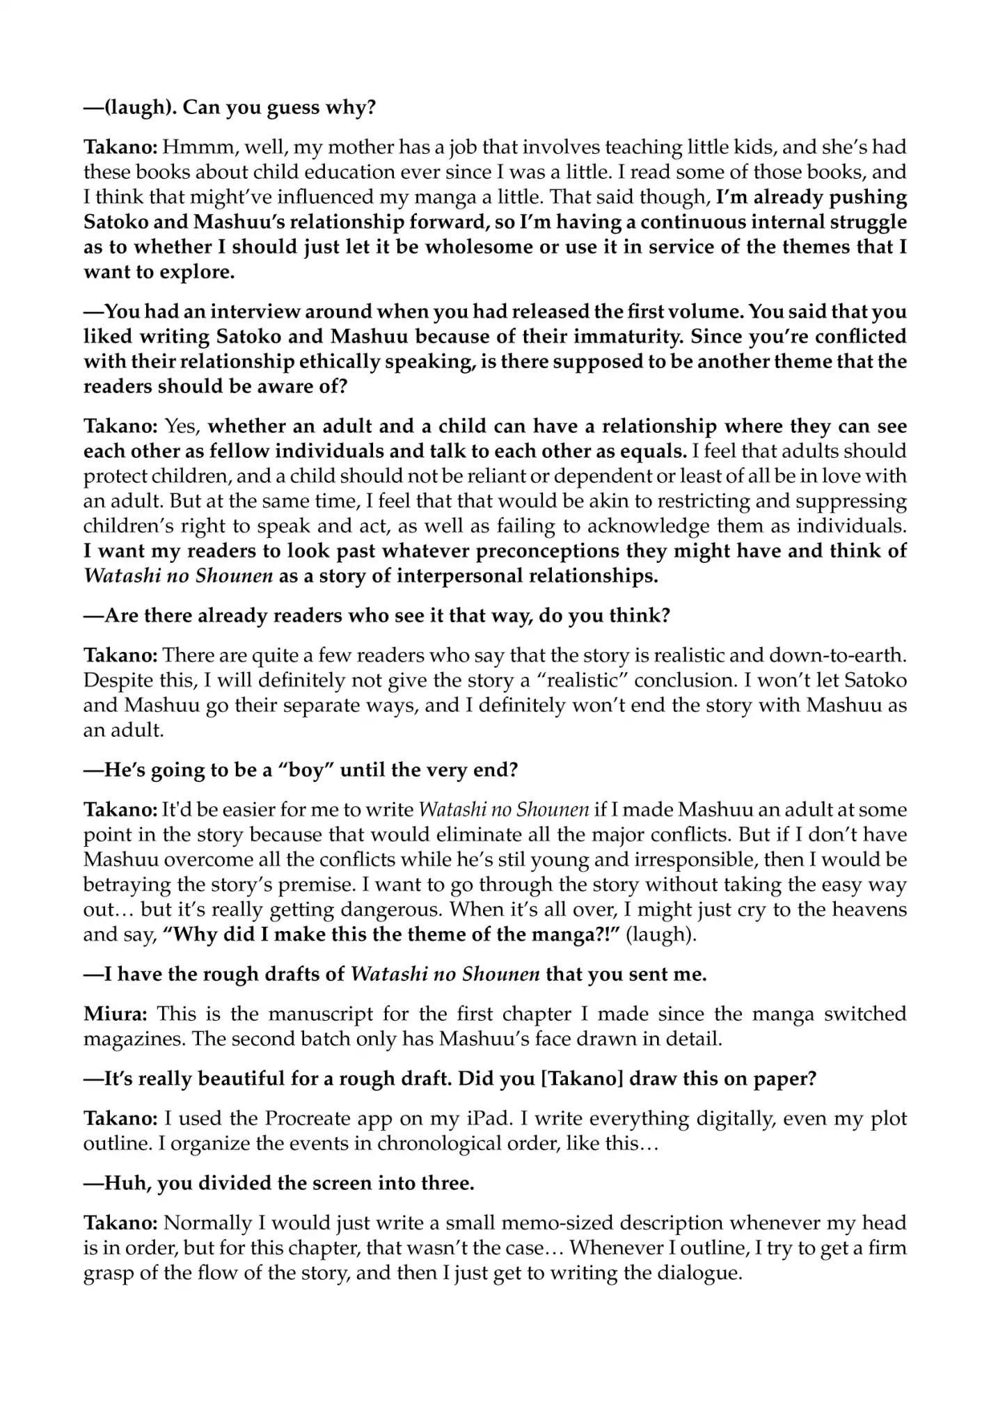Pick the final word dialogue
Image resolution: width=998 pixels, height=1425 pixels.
pos(695,1273)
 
